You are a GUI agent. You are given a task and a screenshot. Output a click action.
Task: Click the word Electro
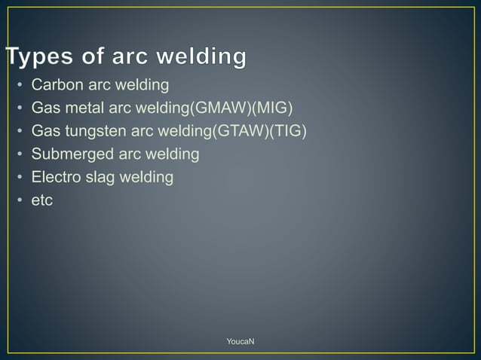pos(57,178)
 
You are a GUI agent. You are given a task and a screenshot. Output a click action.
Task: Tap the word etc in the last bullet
pos(42,202)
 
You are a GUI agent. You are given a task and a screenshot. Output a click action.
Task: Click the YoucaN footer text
pos(240,342)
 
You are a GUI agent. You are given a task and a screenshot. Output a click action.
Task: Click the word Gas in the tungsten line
pos(44,131)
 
